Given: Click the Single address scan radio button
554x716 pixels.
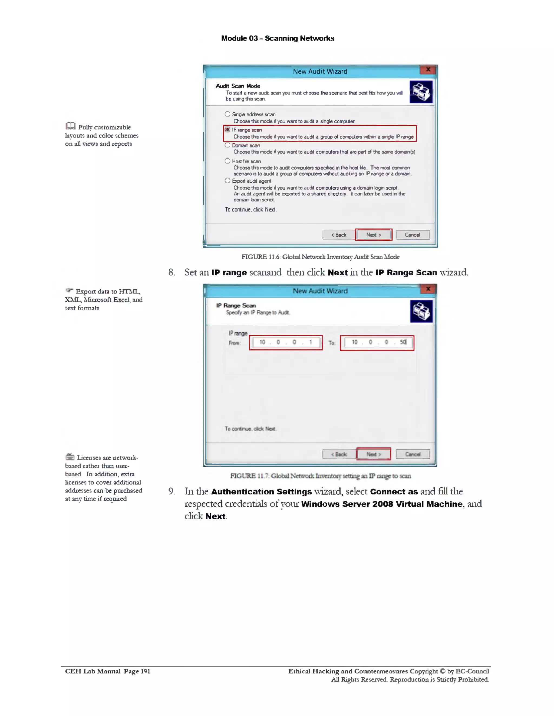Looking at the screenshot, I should pos(227,114).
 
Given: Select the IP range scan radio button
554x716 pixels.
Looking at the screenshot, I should pos(227,129).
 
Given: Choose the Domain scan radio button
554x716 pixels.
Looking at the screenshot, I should pos(227,145).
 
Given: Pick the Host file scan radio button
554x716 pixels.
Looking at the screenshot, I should pos(227,161).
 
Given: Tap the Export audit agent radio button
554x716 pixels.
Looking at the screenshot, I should pos(227,181).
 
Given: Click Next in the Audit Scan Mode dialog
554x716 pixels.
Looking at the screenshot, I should pos(374,235).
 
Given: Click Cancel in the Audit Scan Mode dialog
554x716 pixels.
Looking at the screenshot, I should pos(413,235).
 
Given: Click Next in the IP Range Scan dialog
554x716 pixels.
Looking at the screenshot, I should pos(374,454).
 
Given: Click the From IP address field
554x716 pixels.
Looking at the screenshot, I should pos(286,343).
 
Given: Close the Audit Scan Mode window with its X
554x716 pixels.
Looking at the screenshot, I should pos(428,69).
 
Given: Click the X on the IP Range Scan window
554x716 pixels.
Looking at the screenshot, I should pos(428,289).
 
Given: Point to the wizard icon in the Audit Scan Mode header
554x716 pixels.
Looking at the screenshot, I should pos(421,92).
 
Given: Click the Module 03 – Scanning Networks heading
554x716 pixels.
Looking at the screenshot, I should pos(278,38).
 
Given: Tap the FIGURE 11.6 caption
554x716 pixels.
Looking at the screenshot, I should pos(320,257).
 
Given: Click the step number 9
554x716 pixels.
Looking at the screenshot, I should pos(171,491).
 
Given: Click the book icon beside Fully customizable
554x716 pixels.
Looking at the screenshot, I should pos(70,126).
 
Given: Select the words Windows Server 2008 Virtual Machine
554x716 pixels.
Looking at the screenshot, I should pos(382,504).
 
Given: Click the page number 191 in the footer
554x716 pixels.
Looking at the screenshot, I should pos(145,671).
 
